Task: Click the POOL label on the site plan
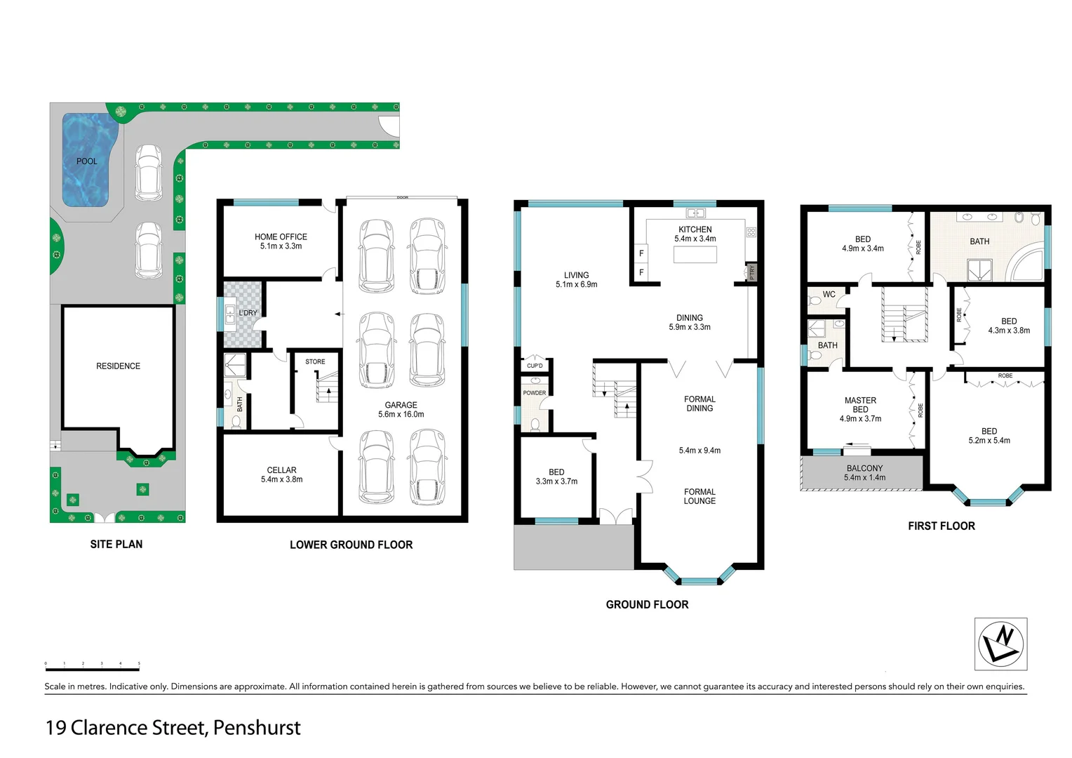87,161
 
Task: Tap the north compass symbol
1000,644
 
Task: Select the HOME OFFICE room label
281,237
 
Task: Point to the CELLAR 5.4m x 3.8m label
281,475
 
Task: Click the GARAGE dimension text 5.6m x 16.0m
401,415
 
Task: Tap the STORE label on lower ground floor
315,362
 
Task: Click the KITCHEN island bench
695,254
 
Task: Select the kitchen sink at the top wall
695,213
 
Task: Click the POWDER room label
534,393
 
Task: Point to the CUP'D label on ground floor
535,366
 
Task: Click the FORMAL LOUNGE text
699,497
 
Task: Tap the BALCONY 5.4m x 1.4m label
864,473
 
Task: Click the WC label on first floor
829,295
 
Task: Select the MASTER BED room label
860,405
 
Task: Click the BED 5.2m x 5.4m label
989,436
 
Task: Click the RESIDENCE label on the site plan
118,366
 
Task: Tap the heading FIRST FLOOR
941,526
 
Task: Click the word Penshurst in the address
257,728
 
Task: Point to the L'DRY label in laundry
248,313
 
